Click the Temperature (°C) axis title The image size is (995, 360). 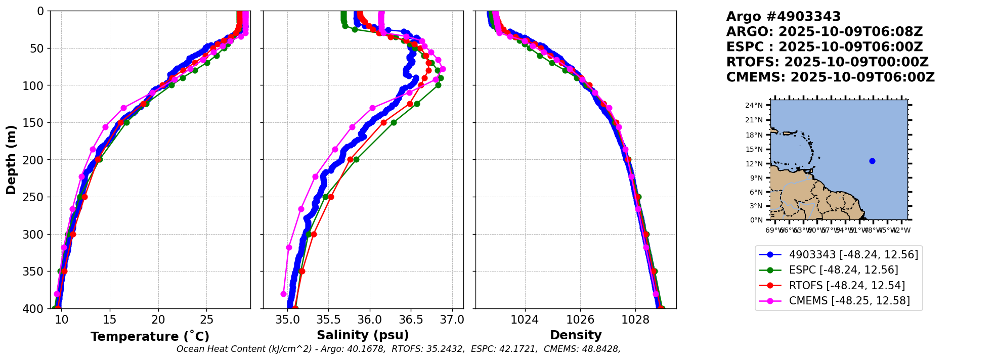click(x=150, y=337)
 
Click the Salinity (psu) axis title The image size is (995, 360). click(x=363, y=335)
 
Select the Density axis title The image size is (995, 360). click(x=576, y=335)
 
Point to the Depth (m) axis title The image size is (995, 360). click(x=11, y=159)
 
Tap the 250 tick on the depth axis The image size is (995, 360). click(x=36, y=197)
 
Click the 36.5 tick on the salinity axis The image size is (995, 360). click(x=411, y=320)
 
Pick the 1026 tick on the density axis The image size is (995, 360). click(x=580, y=320)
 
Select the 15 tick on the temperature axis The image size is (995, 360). click(x=110, y=320)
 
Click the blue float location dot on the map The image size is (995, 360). click(x=872, y=161)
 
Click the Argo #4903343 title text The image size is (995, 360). click(x=783, y=17)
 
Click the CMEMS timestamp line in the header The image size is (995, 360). click(x=830, y=77)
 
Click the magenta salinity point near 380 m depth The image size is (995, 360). click(x=283, y=294)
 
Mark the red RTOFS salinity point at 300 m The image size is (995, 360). click(x=314, y=234)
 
